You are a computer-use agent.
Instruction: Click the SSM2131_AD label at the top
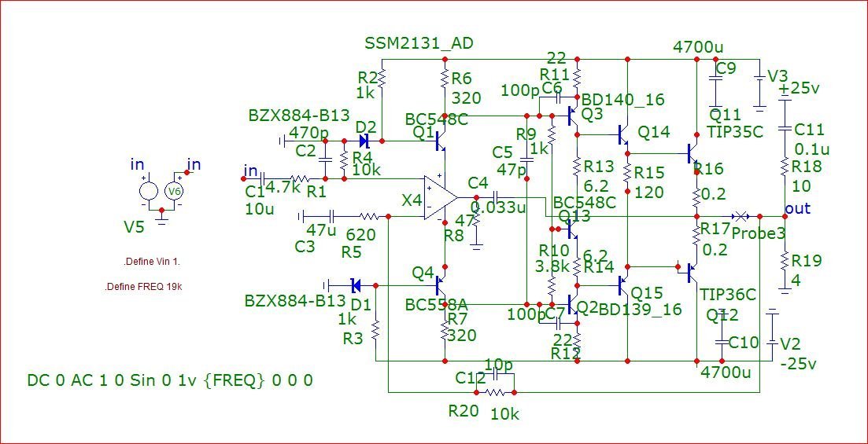click(419, 42)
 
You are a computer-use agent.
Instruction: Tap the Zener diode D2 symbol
click(364, 141)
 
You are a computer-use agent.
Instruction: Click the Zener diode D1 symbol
click(355, 284)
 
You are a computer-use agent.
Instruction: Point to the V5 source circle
click(147, 191)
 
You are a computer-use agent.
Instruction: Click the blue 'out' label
click(799, 209)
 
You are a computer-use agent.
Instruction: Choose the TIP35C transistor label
click(734, 131)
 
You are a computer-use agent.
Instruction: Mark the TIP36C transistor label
click(727, 295)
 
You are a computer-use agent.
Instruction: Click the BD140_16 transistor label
click(626, 100)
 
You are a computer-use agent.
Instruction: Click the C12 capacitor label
click(470, 377)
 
